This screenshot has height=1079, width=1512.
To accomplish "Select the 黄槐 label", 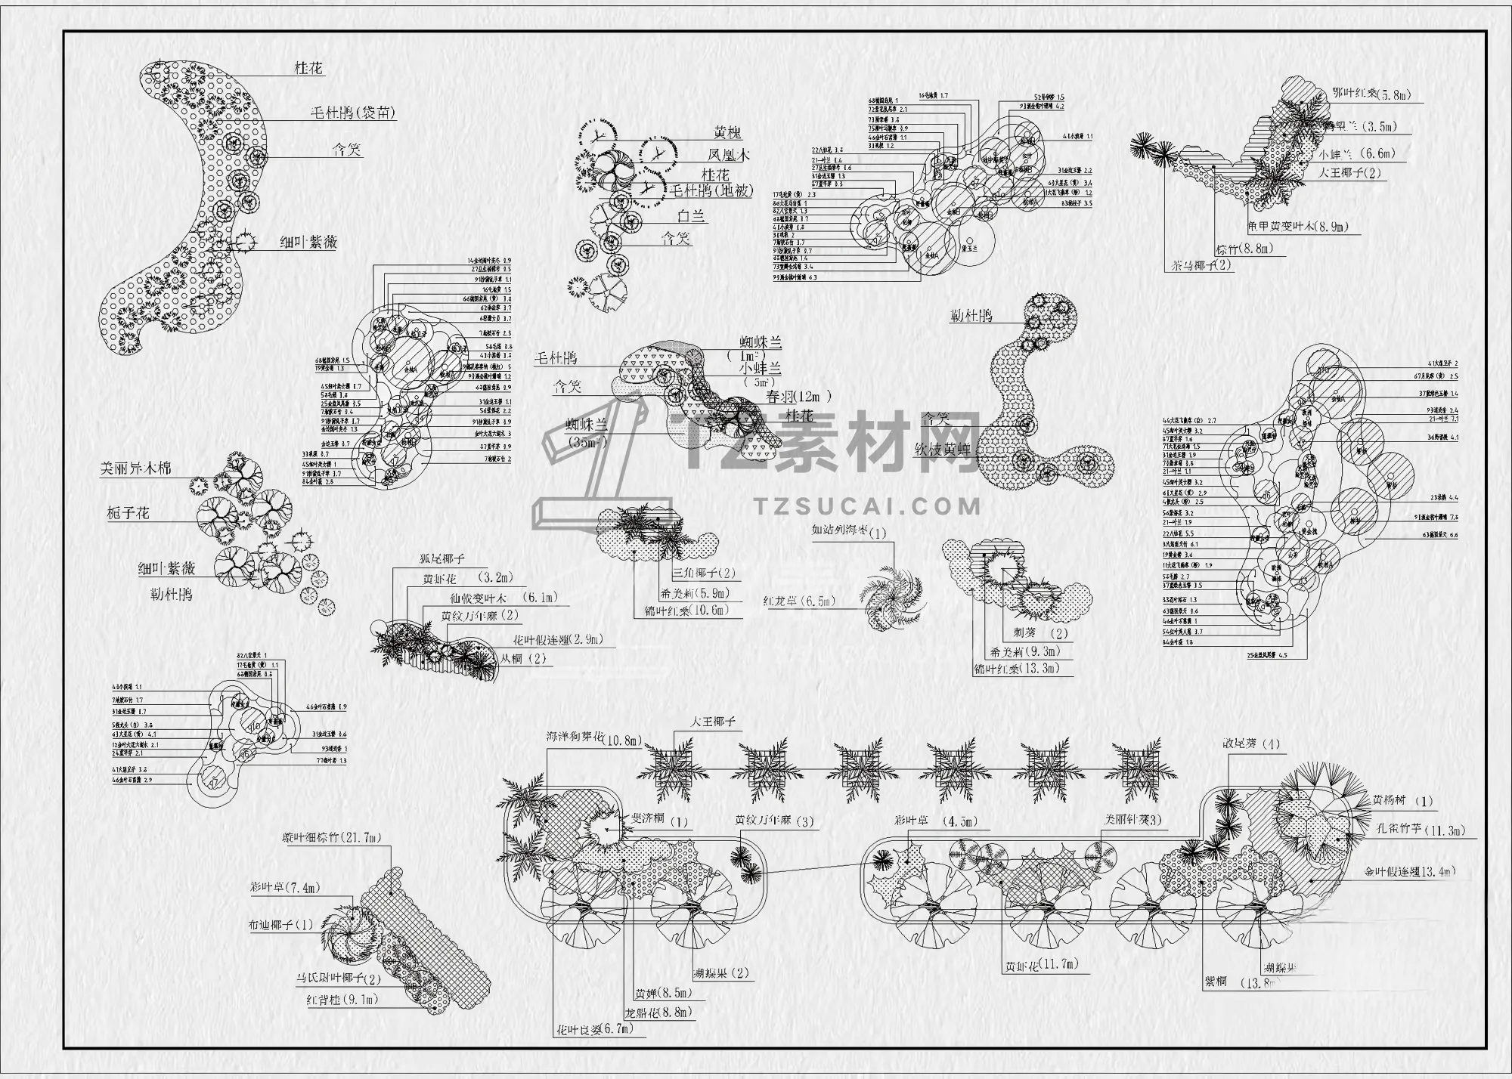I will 727,133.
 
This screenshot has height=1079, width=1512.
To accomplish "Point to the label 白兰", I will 691,216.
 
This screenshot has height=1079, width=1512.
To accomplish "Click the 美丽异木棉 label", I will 136,468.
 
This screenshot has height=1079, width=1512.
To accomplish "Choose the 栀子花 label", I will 129,514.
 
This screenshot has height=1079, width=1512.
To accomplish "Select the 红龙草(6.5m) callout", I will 798,601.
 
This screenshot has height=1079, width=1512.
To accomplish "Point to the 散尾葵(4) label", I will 1252,744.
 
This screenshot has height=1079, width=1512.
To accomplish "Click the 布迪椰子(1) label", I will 280,925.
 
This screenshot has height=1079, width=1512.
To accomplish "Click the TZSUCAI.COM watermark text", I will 868,505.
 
